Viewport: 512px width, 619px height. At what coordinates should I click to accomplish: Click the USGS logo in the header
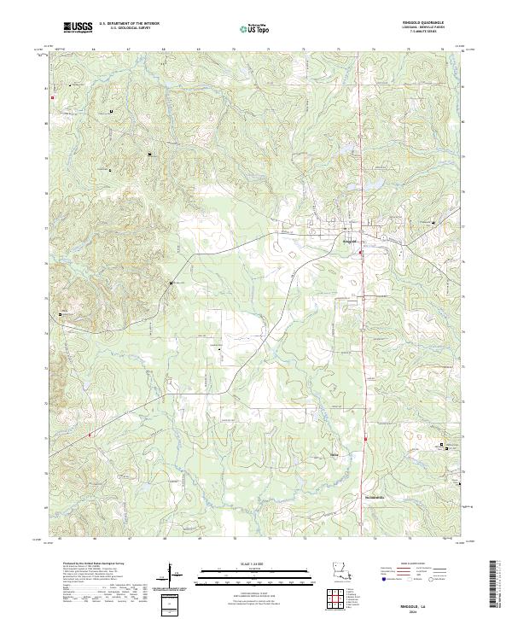coord(78,28)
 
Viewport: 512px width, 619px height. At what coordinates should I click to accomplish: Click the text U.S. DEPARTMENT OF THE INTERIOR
coord(129,23)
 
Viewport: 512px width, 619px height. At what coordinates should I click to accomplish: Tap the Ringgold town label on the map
coord(348,241)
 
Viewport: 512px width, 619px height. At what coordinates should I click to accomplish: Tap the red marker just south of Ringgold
coord(360,253)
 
